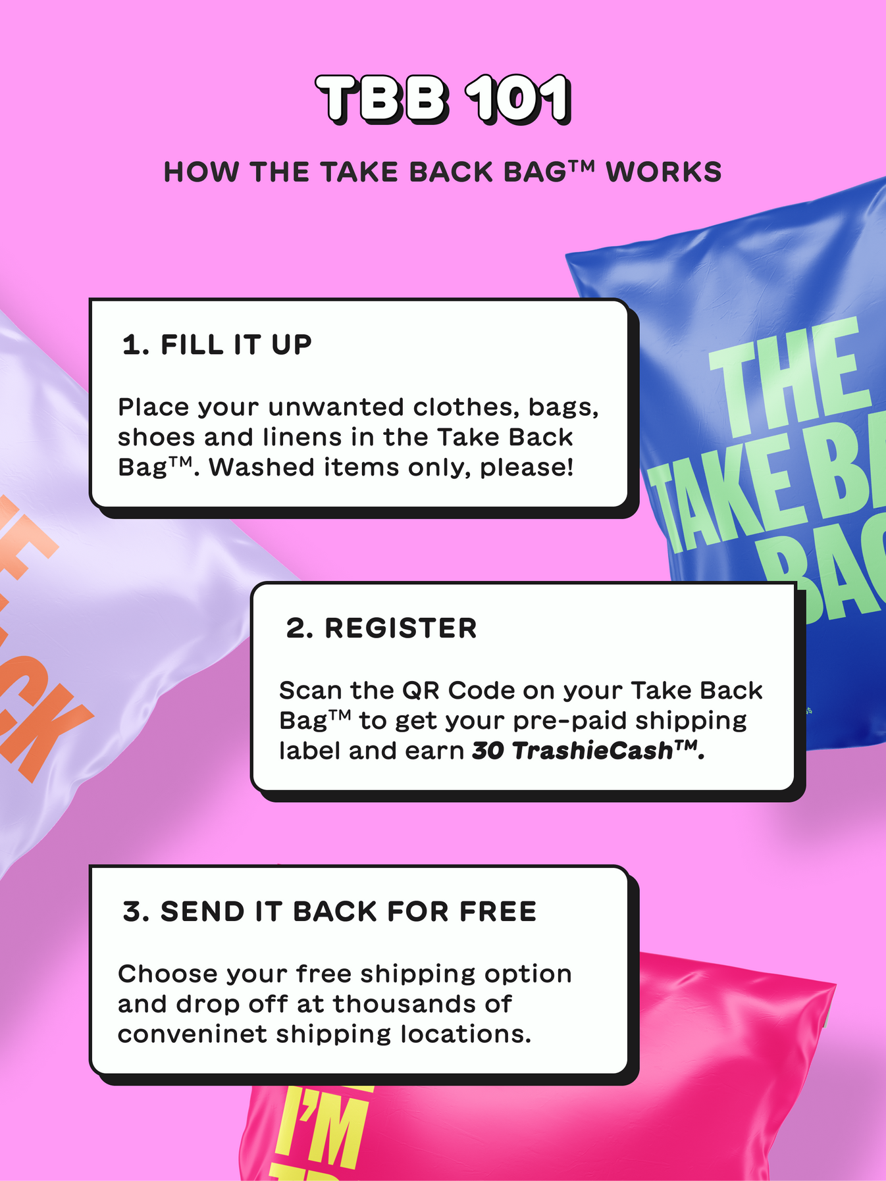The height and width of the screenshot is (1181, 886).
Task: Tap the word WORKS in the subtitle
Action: point(664,172)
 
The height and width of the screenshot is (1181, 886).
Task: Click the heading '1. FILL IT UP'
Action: point(217,345)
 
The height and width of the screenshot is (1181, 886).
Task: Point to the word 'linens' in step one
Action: point(319,438)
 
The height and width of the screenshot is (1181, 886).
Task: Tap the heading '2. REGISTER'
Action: point(381,628)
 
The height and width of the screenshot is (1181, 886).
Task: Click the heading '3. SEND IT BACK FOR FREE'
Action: point(330,912)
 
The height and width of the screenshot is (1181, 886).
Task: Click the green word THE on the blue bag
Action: point(790,378)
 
